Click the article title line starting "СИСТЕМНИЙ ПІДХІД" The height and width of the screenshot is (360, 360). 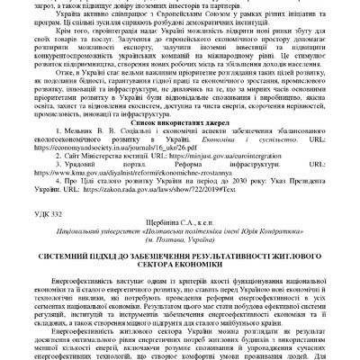click(181, 282)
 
